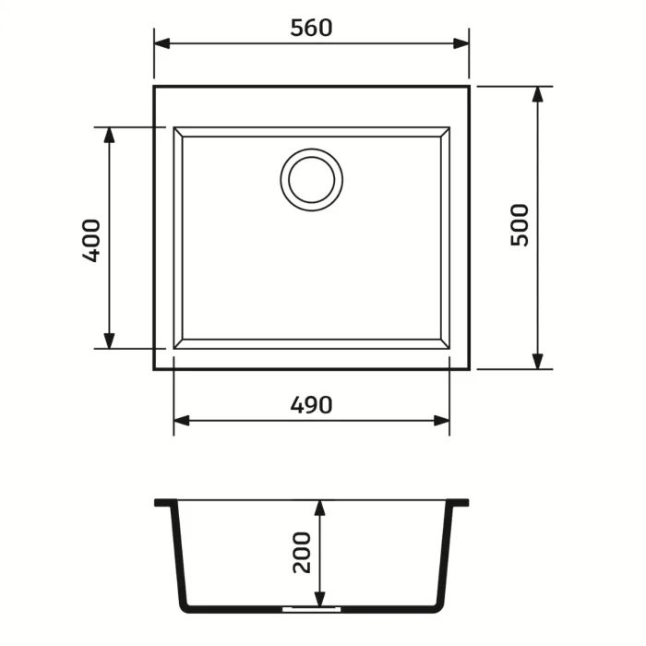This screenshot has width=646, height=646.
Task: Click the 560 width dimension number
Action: tap(311, 28)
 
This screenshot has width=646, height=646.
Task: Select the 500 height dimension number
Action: tap(520, 224)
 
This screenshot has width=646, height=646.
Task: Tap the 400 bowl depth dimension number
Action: tap(90, 240)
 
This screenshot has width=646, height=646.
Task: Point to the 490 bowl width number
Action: tap(311, 404)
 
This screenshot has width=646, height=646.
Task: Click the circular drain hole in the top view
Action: tap(311, 178)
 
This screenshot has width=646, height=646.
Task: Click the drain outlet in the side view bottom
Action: tap(311, 610)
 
